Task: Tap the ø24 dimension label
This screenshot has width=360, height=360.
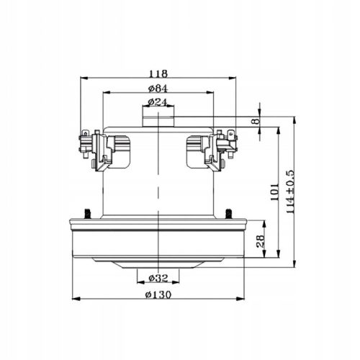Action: click(x=158, y=102)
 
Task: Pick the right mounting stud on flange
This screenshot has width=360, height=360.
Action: click(x=229, y=213)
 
